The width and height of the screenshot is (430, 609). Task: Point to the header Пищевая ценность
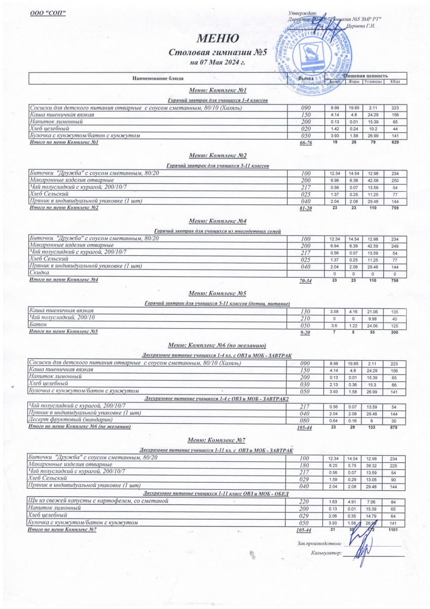[x=366, y=76]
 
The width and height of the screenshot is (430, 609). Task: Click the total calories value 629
[x=395, y=143]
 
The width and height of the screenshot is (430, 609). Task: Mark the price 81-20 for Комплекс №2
[x=305, y=208]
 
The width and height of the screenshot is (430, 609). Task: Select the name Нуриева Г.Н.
[x=361, y=25]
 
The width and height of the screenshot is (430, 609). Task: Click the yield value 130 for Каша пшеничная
[x=305, y=311]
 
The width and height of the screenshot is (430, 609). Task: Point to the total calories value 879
[x=395, y=428]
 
